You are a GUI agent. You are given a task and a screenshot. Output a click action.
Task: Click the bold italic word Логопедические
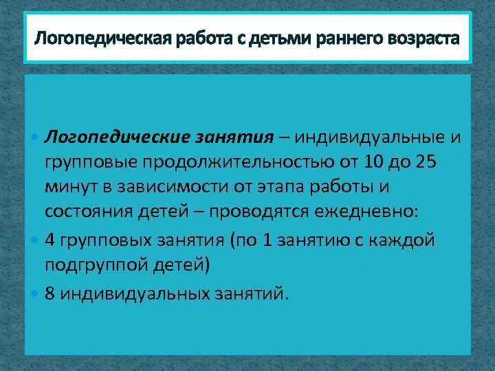tap(122, 137)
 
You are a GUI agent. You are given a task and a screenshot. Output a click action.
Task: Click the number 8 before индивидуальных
tap(50, 294)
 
